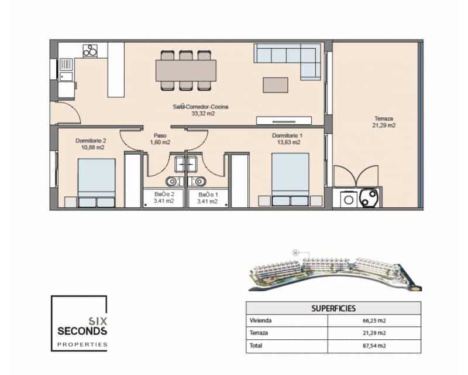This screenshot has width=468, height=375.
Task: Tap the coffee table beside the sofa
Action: pos(275,85)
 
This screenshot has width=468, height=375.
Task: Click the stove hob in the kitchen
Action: pos(90,51)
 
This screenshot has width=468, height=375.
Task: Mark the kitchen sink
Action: pos(66,75)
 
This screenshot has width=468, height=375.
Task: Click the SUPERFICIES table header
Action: pos(333,308)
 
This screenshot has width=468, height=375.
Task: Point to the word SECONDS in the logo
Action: pos(82,331)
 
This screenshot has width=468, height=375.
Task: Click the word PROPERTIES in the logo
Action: pos(82,345)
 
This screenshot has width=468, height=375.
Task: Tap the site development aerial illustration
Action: pos(333,272)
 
